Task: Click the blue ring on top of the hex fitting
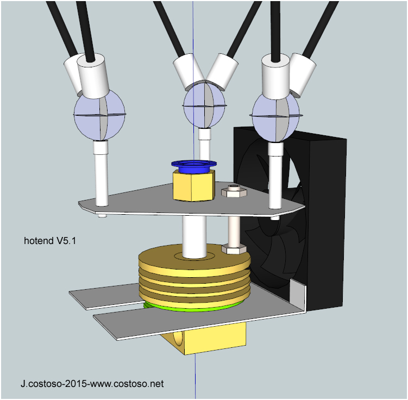(x=194, y=165)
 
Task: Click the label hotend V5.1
(x=50, y=240)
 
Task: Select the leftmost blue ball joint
(x=99, y=115)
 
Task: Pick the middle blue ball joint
(x=204, y=103)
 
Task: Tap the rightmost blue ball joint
(x=275, y=116)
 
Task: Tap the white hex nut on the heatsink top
(x=234, y=249)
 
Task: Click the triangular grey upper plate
(x=141, y=201)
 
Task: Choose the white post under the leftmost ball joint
(x=101, y=174)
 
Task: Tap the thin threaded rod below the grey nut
(x=234, y=228)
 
